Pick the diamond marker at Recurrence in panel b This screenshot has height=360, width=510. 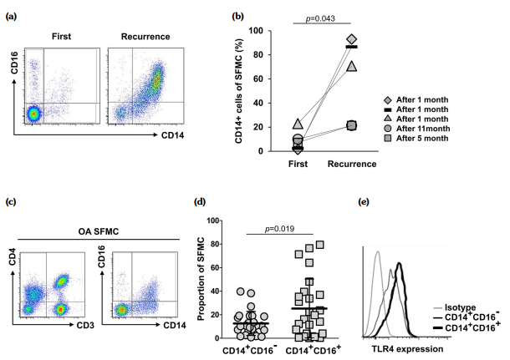(x=351, y=39)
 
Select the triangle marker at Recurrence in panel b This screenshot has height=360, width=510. (x=351, y=66)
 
